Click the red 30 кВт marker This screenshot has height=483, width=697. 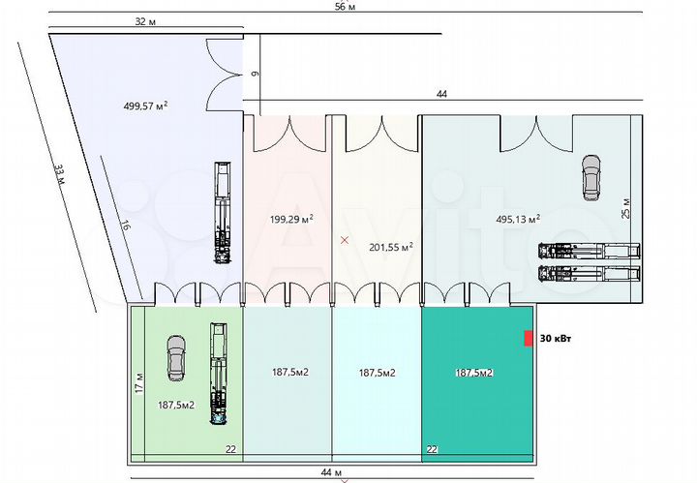click(528, 338)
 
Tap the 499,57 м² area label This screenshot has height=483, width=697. click(146, 106)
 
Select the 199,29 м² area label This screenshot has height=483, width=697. click(291, 220)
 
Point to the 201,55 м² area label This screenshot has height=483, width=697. click(391, 247)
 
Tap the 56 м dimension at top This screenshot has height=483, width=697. click(345, 7)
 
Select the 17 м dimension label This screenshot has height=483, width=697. click(139, 383)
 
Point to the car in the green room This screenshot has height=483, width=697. click(176, 356)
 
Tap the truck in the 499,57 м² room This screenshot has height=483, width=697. click(223, 213)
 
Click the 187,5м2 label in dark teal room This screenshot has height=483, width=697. click(474, 372)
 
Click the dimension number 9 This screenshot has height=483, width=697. click(254, 72)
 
